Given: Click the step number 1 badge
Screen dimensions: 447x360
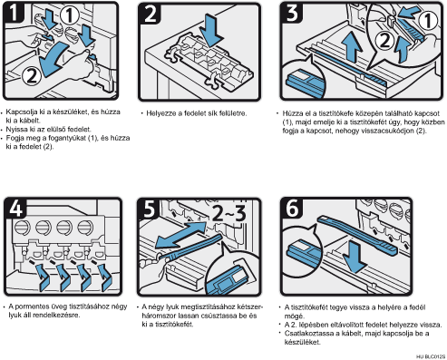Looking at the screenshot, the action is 14,13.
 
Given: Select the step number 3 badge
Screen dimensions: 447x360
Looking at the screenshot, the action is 292,13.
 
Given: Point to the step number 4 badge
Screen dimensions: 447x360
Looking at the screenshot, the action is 15,208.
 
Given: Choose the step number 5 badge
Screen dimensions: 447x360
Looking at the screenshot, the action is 149,209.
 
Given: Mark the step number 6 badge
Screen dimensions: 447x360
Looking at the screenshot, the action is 292,208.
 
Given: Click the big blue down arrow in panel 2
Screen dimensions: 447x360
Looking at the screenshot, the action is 213,30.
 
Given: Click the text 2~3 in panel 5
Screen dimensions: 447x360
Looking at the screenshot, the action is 228,213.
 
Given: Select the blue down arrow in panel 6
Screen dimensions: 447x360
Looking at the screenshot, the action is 355,257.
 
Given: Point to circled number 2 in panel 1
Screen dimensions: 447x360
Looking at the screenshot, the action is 32,75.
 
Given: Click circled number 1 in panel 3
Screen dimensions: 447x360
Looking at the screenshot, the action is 428,20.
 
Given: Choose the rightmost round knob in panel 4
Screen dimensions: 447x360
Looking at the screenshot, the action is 85,228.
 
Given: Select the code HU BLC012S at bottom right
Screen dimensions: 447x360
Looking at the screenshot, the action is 431,356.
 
